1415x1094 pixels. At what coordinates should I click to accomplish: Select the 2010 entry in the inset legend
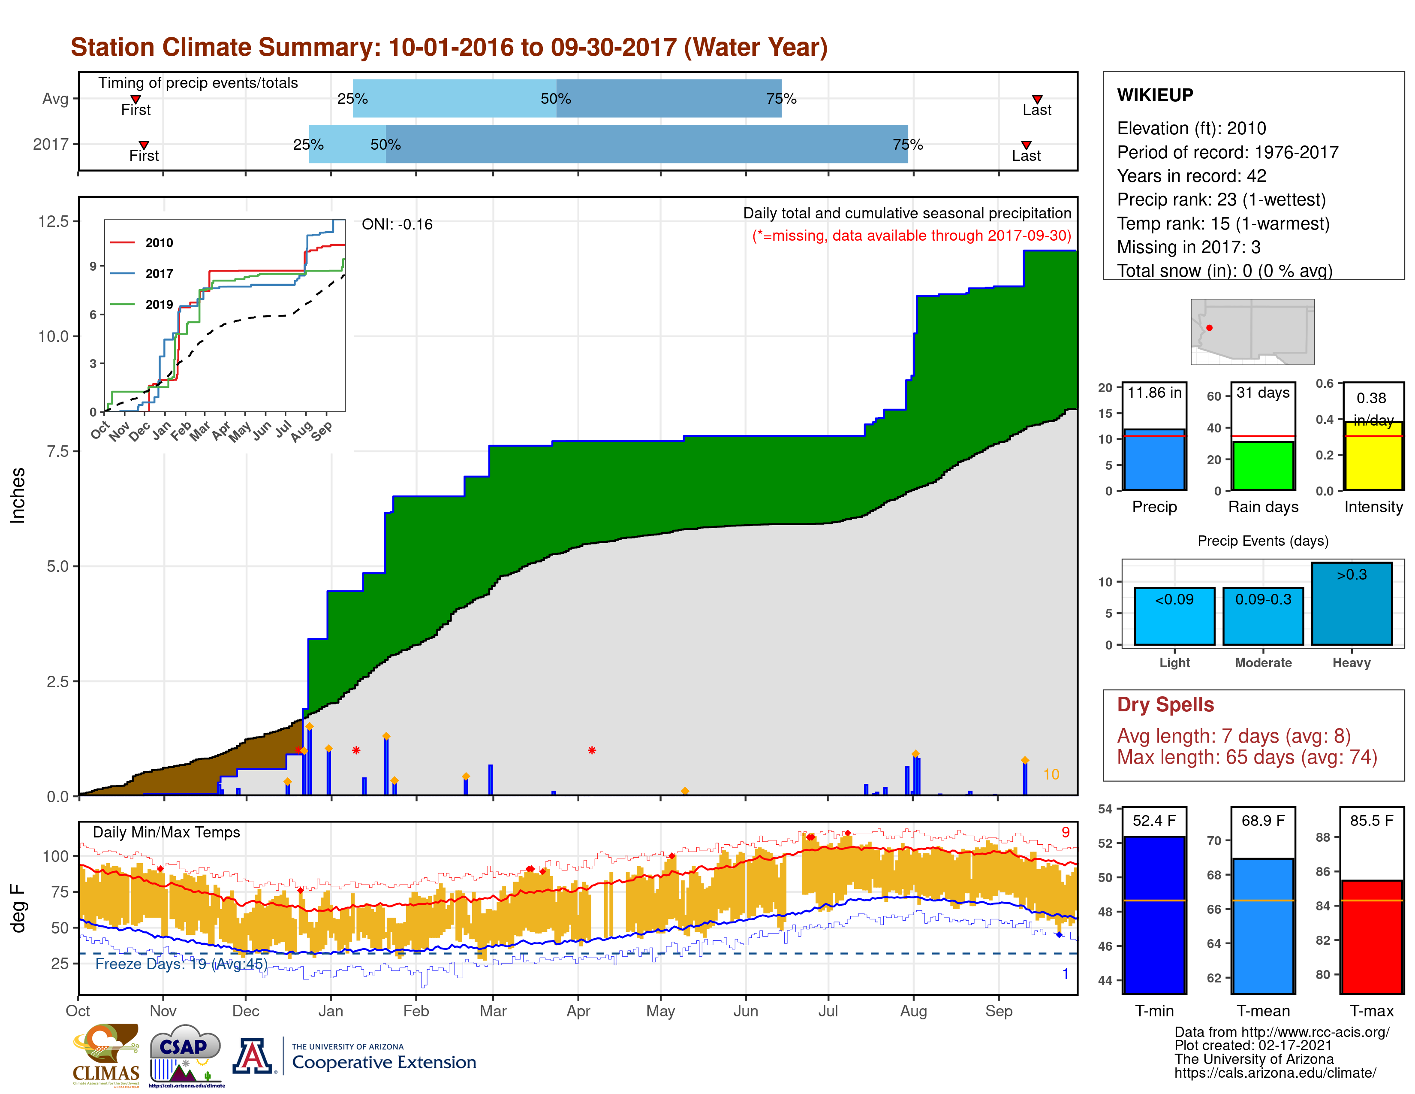pyautogui.click(x=159, y=243)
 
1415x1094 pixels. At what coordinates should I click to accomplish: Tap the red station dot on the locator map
pyautogui.click(x=1209, y=328)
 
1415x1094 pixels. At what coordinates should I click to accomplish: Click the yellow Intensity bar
pyautogui.click(x=1373, y=456)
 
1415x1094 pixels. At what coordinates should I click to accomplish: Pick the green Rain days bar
pyautogui.click(x=1263, y=465)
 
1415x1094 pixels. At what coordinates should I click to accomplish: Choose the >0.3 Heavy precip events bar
pyautogui.click(x=1352, y=604)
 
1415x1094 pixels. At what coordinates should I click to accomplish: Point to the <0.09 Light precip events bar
pyautogui.click(x=1174, y=617)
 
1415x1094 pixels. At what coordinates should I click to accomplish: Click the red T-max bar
pyautogui.click(x=1372, y=937)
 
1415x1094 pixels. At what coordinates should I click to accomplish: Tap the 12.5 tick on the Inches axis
pyautogui.click(x=53, y=222)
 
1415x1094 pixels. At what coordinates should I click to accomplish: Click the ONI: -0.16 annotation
pyautogui.click(x=397, y=224)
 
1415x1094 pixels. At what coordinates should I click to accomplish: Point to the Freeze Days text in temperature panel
pyautogui.click(x=181, y=964)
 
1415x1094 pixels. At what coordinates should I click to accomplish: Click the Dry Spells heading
pyautogui.click(x=1165, y=704)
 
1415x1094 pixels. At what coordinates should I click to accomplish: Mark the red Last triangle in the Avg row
pyautogui.click(x=1037, y=99)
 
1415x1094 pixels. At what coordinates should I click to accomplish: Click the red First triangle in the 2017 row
pyautogui.click(x=144, y=145)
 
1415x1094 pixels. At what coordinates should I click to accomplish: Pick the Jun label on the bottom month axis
pyautogui.click(x=745, y=1011)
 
